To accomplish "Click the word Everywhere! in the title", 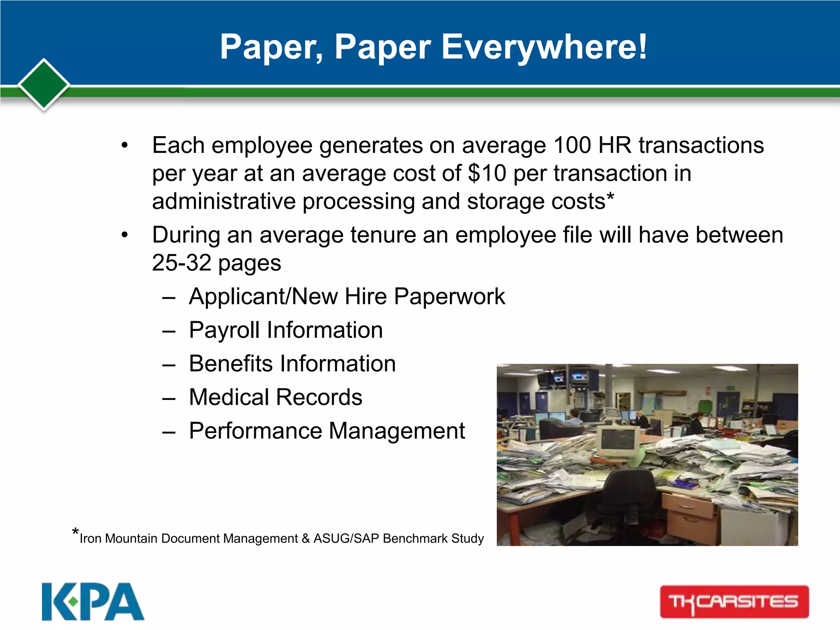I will point(544,48).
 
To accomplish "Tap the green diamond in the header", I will point(44,85).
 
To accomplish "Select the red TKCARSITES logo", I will point(734,602).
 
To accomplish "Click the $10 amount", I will point(487,173).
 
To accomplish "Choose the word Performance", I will point(256,431).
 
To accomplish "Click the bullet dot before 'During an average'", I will point(125,235).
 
